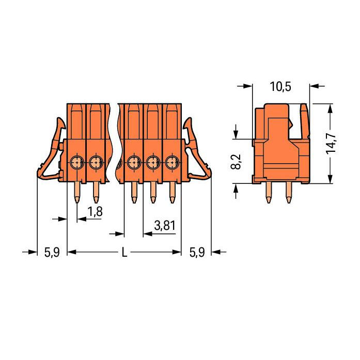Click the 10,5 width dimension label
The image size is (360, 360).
pos(280,87)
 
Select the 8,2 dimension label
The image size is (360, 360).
pos(236,162)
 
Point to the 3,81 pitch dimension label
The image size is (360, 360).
pos(165,226)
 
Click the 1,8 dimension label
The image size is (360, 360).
pos(95,211)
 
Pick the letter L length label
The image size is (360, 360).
pos(124,253)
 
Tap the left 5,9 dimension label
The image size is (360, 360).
pos(52,253)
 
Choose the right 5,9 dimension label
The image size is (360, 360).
pos(197,253)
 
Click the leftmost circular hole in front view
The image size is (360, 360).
pos(76,162)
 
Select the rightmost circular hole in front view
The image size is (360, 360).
pos(172,162)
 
